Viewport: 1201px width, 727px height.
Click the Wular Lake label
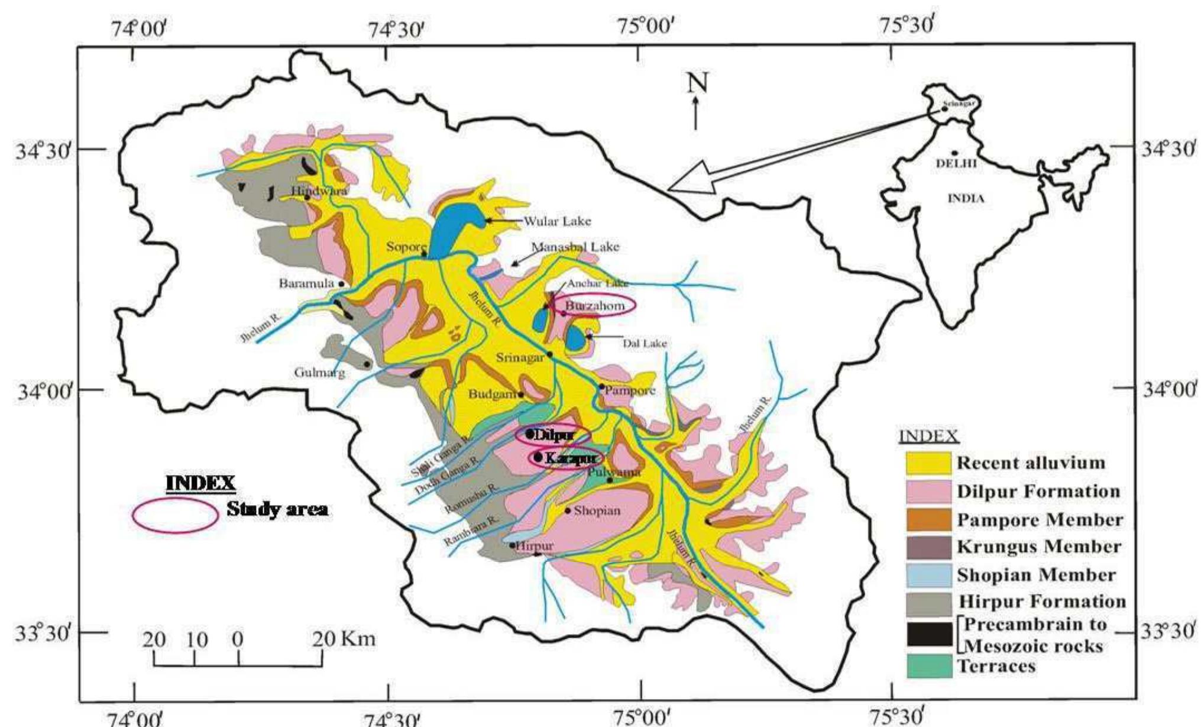coord(557,221)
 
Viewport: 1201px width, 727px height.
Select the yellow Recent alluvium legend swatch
coord(928,463)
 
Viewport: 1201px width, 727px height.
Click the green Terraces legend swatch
coord(928,665)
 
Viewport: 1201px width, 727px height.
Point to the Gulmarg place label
coord(319,373)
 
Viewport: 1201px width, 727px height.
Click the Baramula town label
coord(306,283)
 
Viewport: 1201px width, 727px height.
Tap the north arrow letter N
coord(697,83)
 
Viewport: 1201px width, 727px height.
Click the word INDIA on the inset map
coord(966,199)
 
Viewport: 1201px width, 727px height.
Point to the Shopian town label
coord(597,510)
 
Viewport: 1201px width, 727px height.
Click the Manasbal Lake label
coord(575,247)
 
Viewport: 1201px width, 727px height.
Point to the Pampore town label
coord(630,390)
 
